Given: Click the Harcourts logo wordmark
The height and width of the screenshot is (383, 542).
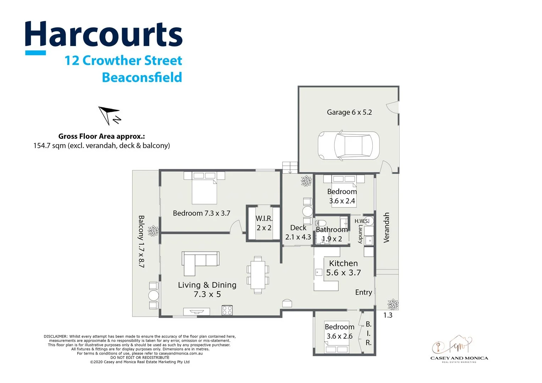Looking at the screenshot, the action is (x=104, y=34).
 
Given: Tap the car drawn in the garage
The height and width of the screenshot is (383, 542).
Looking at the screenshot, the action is (x=348, y=146).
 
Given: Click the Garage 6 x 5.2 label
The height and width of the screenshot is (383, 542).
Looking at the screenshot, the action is (x=349, y=112).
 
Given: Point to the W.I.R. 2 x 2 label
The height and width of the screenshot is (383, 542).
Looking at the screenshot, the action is (x=264, y=223).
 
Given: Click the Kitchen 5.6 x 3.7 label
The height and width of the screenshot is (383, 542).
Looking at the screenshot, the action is (x=343, y=268).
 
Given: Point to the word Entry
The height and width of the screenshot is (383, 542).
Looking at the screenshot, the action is (x=364, y=292).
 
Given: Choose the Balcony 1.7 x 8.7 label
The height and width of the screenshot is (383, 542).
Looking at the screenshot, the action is (x=141, y=241).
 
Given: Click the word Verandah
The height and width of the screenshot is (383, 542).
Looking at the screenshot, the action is (x=386, y=228).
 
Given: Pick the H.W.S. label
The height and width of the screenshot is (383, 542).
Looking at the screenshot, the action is (x=362, y=221).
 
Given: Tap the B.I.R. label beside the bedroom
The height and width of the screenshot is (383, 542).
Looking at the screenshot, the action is (x=369, y=333).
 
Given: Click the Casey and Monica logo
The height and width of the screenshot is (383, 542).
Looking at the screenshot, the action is (x=459, y=349).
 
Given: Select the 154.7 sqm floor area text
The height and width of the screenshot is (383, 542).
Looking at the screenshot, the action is (x=101, y=145).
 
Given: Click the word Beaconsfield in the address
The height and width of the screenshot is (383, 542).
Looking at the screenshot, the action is (x=142, y=77).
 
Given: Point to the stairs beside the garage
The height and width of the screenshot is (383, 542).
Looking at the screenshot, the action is (x=290, y=167).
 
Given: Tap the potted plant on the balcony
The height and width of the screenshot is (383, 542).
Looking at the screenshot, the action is (x=153, y=231).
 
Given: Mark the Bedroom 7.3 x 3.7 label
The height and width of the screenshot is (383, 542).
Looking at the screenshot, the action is (x=201, y=213).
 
